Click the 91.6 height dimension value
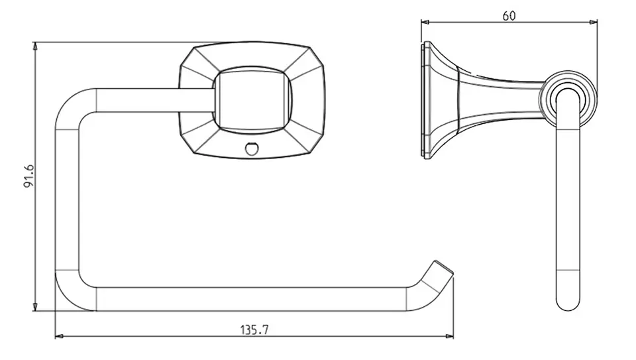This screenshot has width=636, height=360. click(28, 176)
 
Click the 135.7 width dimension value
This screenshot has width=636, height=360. click(254, 330)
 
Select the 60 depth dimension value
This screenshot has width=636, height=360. click(509, 16)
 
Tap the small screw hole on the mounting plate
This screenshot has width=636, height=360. click(252, 149)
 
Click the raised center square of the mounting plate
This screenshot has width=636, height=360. click(252, 100)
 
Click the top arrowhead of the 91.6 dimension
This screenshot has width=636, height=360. click(35, 46)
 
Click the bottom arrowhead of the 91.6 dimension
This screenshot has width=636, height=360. click(35, 307)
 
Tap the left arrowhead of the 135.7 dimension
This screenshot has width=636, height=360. click(59, 336)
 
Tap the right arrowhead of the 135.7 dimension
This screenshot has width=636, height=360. click(449, 336)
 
